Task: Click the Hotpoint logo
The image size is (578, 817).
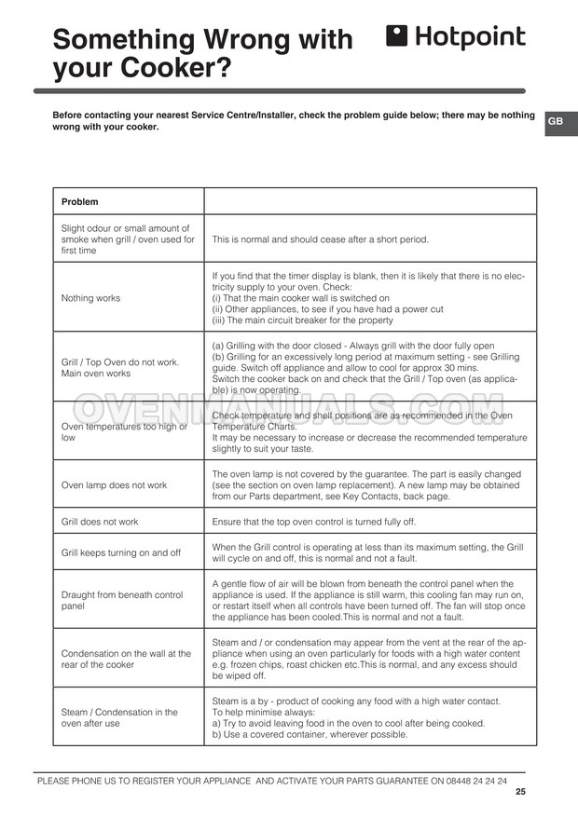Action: pos(455,37)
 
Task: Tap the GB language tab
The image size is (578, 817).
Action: pos(556,122)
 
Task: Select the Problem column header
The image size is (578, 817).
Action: pos(80,202)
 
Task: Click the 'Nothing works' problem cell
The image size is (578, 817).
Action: pos(90,298)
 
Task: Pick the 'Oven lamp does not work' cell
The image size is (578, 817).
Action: pos(114,485)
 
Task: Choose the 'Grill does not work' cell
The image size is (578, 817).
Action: pos(99,523)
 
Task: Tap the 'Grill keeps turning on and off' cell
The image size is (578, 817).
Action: pos(120,552)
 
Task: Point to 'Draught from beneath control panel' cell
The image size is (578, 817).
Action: pos(122,600)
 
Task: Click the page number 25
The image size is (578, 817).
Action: pos(519,793)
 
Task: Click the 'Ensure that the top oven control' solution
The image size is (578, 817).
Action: pos(314,523)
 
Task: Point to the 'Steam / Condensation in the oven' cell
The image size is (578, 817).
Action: pos(119,717)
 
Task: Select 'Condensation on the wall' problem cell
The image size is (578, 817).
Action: pos(126,659)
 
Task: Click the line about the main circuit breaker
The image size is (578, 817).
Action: pos(302,320)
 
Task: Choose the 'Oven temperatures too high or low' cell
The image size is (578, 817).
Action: pos(124,431)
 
